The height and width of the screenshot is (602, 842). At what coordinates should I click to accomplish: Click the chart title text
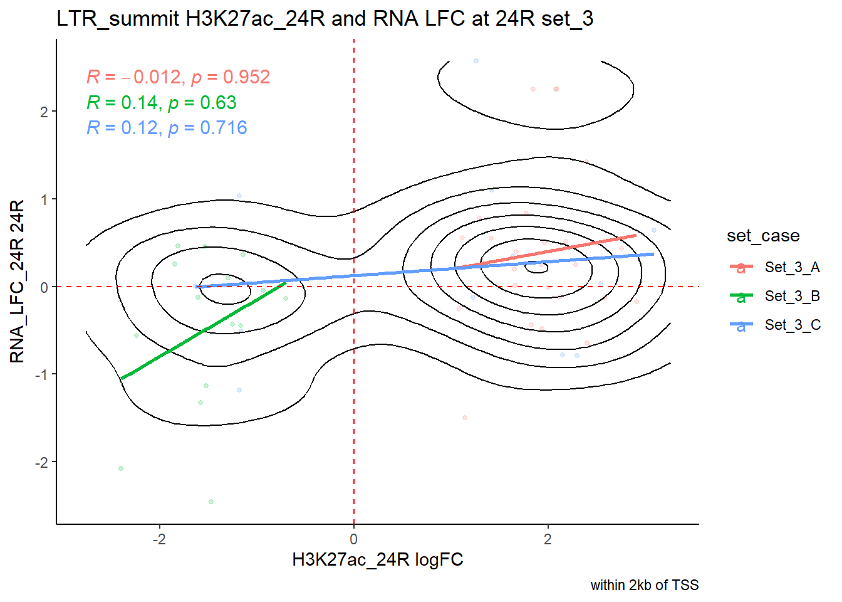click(x=325, y=19)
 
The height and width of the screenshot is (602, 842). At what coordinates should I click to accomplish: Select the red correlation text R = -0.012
click(x=178, y=77)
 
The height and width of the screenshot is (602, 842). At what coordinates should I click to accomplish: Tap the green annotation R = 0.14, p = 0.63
click(x=161, y=103)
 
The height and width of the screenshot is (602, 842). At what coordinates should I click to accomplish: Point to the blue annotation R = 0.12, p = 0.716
click(x=167, y=128)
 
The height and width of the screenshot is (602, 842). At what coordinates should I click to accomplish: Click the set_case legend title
click(x=762, y=236)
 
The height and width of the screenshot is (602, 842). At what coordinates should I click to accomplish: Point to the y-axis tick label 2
click(x=44, y=112)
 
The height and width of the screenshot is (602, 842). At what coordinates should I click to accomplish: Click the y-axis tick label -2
click(x=41, y=463)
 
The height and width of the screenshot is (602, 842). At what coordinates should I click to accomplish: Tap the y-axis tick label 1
click(x=44, y=199)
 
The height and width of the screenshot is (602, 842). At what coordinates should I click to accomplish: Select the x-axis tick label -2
click(x=159, y=540)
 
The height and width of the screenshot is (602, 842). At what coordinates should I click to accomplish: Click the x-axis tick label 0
click(x=354, y=540)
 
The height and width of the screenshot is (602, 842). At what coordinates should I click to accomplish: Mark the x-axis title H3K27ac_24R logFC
click(x=377, y=560)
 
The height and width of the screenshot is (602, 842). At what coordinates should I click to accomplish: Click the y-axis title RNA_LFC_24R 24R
click(x=18, y=282)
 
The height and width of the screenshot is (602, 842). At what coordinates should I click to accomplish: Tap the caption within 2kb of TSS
click(x=644, y=586)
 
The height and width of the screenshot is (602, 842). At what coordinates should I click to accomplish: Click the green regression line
click(x=200, y=332)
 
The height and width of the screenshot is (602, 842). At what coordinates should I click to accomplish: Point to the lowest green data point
click(x=211, y=502)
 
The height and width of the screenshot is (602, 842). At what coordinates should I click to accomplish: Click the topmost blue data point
click(x=476, y=61)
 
